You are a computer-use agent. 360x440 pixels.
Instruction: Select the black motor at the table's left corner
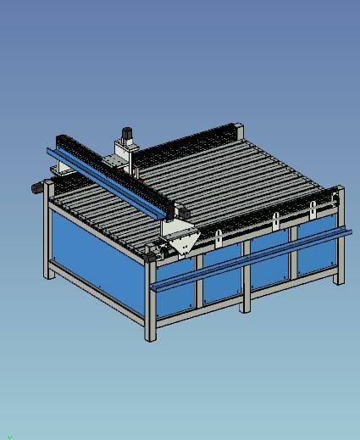pyautogui.click(x=37, y=187)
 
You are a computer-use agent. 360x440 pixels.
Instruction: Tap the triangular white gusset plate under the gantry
pyautogui.click(x=183, y=244)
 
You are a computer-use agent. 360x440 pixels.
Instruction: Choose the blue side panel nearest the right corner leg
pyautogui.click(x=315, y=254)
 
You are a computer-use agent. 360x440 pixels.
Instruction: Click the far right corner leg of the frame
pyautogui.click(x=340, y=237)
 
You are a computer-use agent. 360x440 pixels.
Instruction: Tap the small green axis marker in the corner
pyautogui.click(x=9, y=436)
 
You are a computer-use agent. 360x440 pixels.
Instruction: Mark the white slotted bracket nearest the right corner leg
pyautogui.click(x=313, y=209)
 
